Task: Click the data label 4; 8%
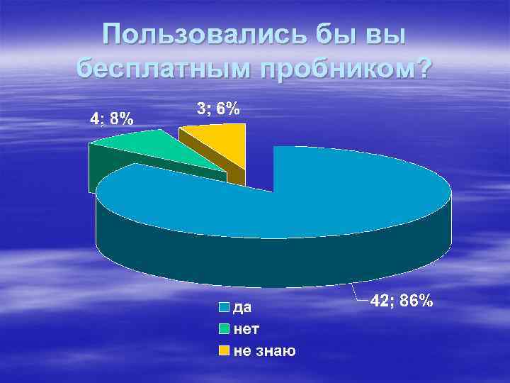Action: click(x=111, y=118)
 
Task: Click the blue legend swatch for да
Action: click(x=224, y=308)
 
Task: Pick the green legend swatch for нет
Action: click(x=224, y=329)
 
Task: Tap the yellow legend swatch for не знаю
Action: click(x=224, y=350)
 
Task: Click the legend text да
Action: click(x=242, y=308)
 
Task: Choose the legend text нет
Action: click(x=246, y=329)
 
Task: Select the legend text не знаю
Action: click(x=264, y=350)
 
